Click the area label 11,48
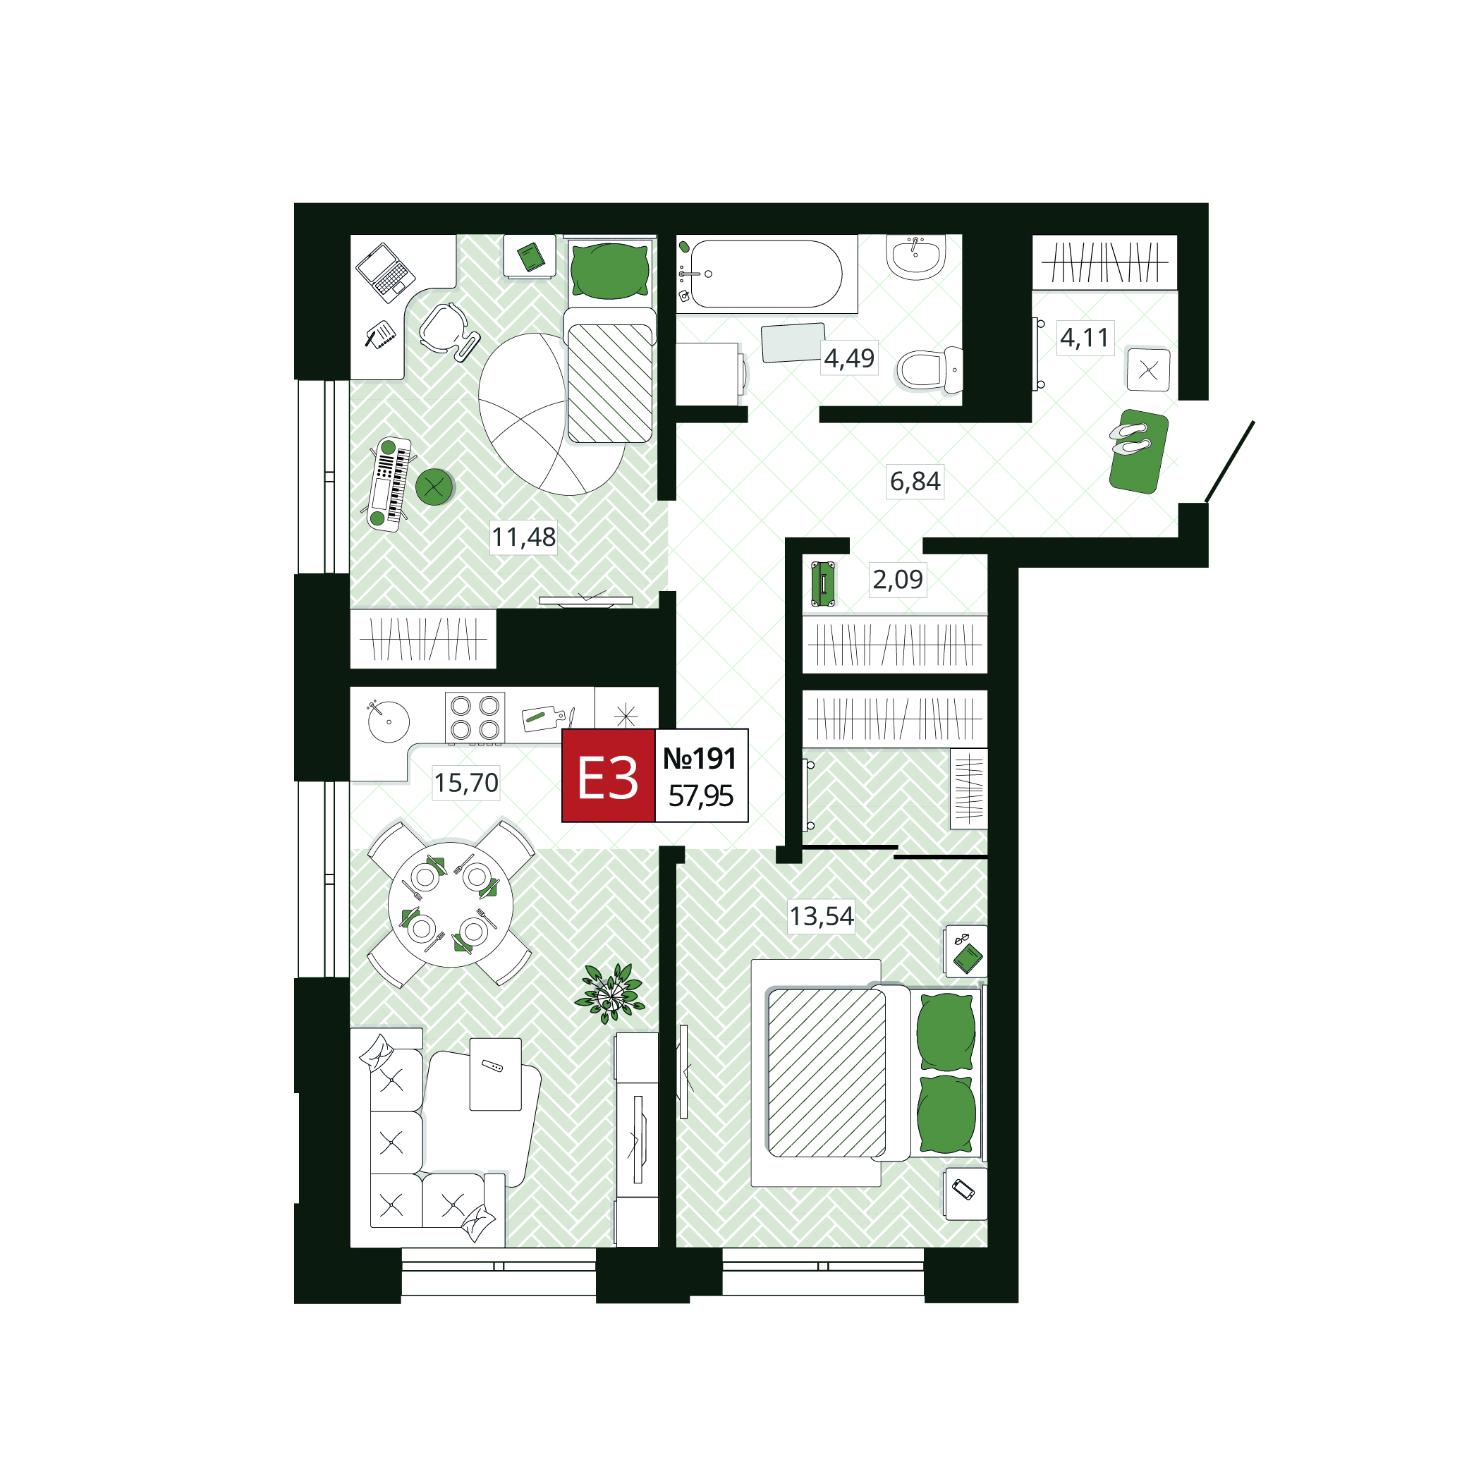(523, 537)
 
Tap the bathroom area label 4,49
(848, 358)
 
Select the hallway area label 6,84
(915, 481)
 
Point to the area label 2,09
(897, 580)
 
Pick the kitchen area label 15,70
(466, 782)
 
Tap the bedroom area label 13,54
(821, 916)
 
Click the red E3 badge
(609, 776)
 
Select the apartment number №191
(700, 758)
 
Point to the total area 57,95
(700, 796)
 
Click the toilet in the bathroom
(929, 370)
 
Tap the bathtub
(767, 274)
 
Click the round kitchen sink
(389, 720)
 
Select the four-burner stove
(475, 717)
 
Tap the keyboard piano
(389, 484)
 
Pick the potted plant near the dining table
(610, 993)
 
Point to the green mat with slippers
(1138, 451)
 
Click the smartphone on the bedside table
(963, 1189)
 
